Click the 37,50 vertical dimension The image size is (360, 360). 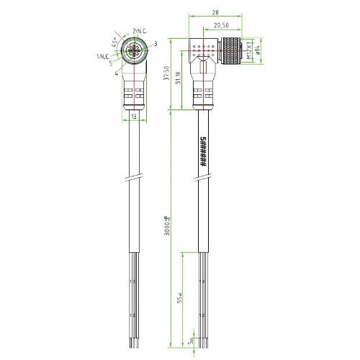(x=168, y=71)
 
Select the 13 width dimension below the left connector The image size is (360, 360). (x=133, y=115)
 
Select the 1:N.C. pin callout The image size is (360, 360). (x=104, y=55)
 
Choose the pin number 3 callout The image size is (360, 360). (x=155, y=44)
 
